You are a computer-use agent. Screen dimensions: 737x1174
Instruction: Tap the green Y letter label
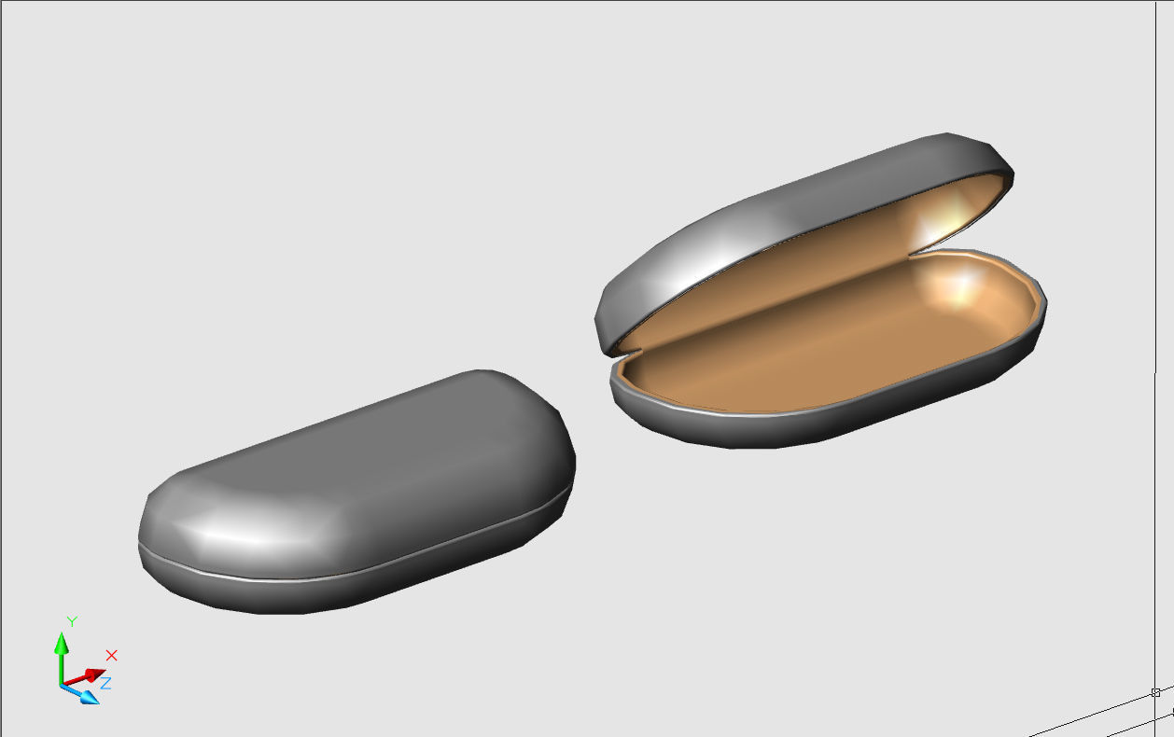(x=71, y=621)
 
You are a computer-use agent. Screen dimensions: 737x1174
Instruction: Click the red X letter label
(x=112, y=655)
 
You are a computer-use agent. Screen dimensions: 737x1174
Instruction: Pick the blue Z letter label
(x=106, y=683)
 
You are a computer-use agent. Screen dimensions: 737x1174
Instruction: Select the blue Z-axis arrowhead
(x=89, y=696)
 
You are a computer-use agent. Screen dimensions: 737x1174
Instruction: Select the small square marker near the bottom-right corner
(x=1155, y=692)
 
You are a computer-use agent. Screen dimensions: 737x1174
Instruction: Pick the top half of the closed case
(x=373, y=466)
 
